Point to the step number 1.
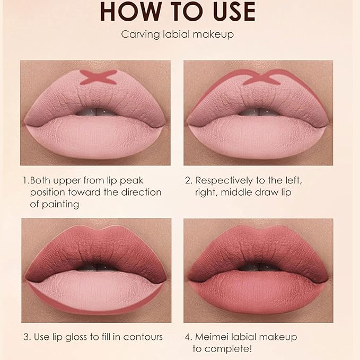click(24, 180)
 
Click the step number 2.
click(188, 180)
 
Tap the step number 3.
click(25, 337)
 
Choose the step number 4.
click(188, 337)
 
